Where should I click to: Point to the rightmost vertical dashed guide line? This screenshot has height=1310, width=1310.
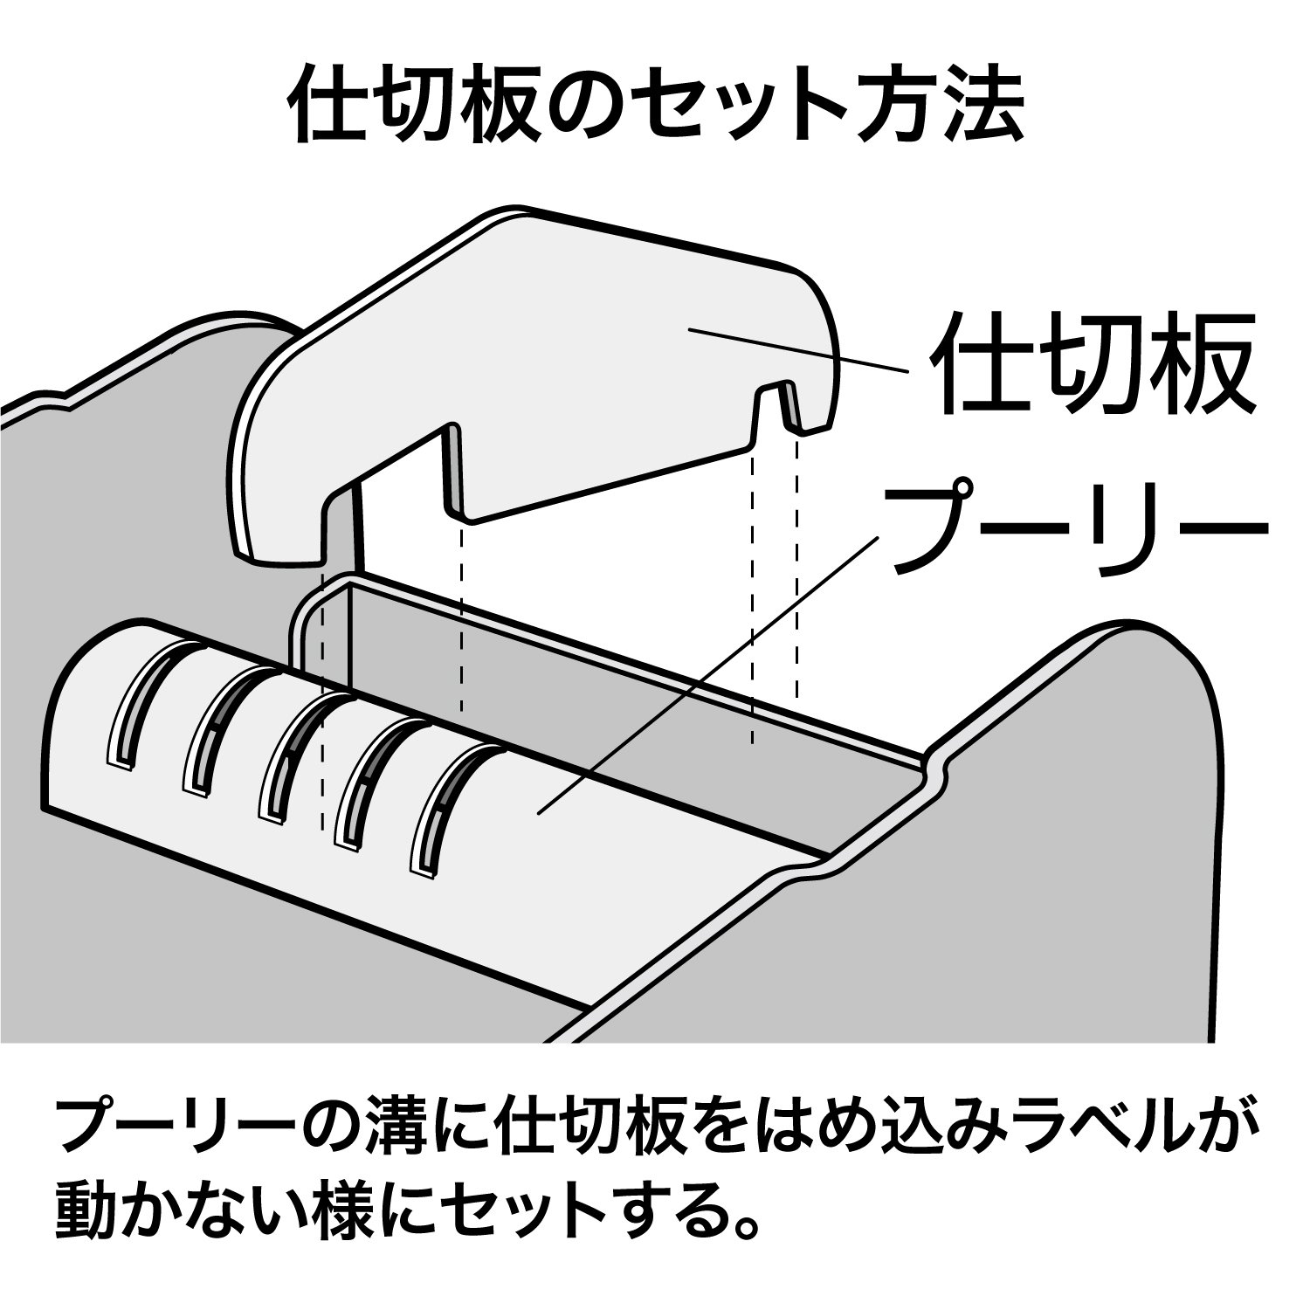(x=796, y=568)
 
